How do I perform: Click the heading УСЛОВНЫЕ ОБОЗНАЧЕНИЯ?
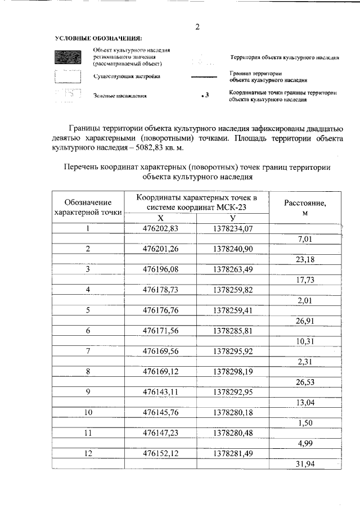tap(98, 38)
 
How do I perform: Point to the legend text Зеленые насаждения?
tap(120, 96)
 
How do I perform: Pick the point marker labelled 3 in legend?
tap(204, 96)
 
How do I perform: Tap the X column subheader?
tap(160, 218)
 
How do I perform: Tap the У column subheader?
tap(233, 218)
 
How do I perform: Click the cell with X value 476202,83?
tap(160, 228)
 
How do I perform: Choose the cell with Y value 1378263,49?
tap(233, 269)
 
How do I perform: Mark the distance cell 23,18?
tap(305, 259)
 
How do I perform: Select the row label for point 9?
tap(88, 390)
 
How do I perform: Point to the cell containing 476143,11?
tap(160, 390)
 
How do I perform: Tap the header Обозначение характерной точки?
tap(88, 207)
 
